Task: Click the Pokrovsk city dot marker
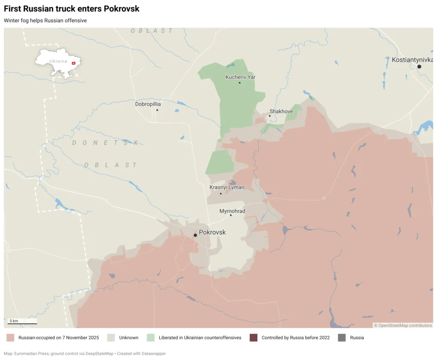tap(195, 235)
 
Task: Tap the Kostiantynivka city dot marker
tap(419, 67)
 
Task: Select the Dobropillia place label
tap(148, 104)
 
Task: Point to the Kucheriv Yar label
tap(240, 77)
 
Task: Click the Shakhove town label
tap(281, 111)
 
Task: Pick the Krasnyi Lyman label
tap(227, 187)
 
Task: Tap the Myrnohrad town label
tap(232, 211)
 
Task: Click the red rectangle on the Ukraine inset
tap(73, 63)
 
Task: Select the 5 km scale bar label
tap(14, 321)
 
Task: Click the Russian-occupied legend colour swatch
tap(11, 338)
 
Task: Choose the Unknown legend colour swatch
tap(111, 338)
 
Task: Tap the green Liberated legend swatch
tap(151, 338)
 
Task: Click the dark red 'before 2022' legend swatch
tap(253, 338)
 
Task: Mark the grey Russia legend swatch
tap(341, 338)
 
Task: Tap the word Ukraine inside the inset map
tap(58, 61)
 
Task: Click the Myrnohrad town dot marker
tap(231, 215)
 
